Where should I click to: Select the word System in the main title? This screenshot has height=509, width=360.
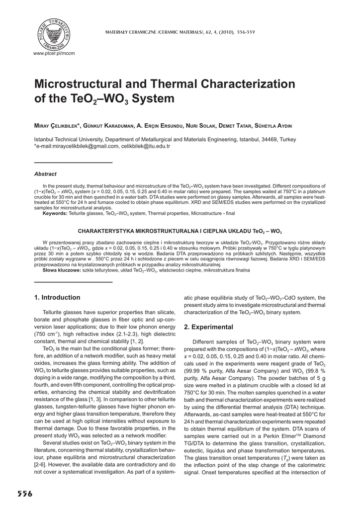[x=157, y=98]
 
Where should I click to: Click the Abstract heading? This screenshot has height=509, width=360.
[x=45, y=174]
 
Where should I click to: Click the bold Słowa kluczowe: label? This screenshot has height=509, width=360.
[x=62, y=270]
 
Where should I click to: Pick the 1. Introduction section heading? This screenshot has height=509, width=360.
[x=57, y=298]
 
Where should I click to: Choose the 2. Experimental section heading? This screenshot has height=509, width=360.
[x=208, y=327]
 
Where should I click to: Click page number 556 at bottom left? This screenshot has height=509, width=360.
[x=25, y=494]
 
